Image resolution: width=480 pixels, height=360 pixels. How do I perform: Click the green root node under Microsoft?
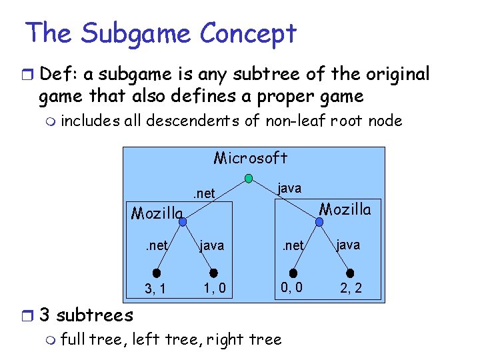point(249,179)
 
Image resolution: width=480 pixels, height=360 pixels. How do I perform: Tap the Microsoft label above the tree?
point(250,158)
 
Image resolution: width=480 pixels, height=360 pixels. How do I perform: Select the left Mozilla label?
point(157,213)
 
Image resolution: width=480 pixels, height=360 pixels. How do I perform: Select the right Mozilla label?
point(345,209)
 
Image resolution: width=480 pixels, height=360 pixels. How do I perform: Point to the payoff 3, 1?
point(156,289)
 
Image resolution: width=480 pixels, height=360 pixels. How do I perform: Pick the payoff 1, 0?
point(214,289)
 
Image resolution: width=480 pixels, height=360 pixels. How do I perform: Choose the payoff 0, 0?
point(292,288)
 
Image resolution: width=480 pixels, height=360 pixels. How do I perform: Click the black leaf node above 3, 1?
point(156,272)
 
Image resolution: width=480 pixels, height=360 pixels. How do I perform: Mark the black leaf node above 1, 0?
point(214,272)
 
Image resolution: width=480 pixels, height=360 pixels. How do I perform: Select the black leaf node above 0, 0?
point(293,272)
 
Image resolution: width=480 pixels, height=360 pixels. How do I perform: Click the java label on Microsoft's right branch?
point(289,189)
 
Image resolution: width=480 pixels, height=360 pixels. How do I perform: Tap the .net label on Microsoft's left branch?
point(203,193)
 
